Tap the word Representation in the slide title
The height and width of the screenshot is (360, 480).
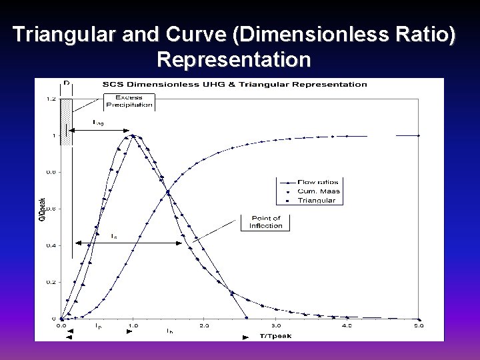point(234,60)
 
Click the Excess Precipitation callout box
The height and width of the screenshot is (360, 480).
point(129,101)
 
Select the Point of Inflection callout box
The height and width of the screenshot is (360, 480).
point(265,222)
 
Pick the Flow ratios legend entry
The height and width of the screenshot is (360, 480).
point(317,182)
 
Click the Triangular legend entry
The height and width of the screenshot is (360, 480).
point(317,200)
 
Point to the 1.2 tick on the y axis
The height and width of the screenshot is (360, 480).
point(51,99)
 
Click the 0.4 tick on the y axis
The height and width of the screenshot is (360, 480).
point(51,245)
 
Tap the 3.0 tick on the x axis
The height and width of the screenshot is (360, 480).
point(276,326)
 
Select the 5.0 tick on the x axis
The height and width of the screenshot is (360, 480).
point(419,326)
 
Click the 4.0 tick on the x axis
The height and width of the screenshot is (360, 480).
point(347,326)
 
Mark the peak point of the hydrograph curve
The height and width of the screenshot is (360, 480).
point(133,136)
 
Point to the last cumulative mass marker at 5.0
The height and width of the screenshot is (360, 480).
point(419,135)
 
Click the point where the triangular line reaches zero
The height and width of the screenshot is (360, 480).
point(247,318)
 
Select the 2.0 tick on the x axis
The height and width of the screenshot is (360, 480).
point(204,326)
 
